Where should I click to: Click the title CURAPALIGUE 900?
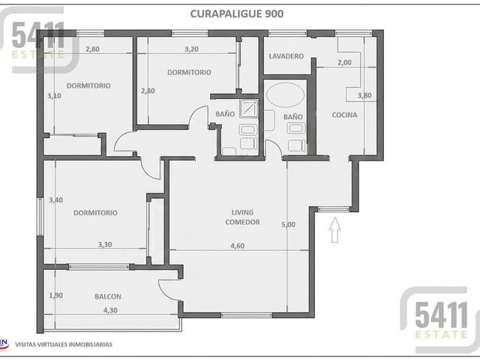[x=237, y=13]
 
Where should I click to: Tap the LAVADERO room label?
[x=286, y=56]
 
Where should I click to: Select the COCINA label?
[x=344, y=115]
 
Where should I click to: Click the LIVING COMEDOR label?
[x=242, y=217]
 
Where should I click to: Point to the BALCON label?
[x=108, y=296]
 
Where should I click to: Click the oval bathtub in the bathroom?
[x=285, y=94]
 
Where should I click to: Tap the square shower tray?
[x=248, y=108]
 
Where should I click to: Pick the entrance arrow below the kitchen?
[x=335, y=230]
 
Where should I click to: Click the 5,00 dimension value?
[x=288, y=224]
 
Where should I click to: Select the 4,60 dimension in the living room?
[x=237, y=245]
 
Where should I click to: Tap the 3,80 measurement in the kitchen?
[x=364, y=95]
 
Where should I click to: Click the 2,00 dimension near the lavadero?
[x=344, y=62]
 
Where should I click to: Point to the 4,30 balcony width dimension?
[x=110, y=310]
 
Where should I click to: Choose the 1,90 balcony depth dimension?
[x=56, y=295]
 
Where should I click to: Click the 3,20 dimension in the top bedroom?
[x=192, y=49]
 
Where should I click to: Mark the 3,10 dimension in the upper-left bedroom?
[x=54, y=95]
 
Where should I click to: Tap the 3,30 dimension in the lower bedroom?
[x=105, y=244]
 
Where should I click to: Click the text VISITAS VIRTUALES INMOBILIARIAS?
[x=64, y=344]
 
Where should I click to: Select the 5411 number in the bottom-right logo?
[x=442, y=315]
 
